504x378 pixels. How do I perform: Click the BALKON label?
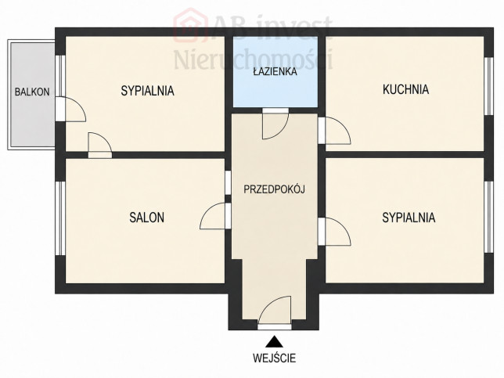(32, 92)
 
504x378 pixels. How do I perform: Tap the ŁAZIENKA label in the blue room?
(275, 71)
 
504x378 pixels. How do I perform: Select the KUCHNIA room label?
(405, 89)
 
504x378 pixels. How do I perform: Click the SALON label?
(147, 218)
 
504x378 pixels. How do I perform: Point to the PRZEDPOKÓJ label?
(274, 189)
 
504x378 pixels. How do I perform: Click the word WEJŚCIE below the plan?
(274, 358)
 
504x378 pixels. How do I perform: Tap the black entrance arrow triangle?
(274, 342)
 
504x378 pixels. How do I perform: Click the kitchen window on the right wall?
(488, 86)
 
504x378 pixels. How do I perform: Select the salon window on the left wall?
(60, 218)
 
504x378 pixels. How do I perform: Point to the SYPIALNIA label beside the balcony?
(148, 91)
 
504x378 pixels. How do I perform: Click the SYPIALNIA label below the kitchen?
(409, 218)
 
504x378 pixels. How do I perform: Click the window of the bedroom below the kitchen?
(488, 218)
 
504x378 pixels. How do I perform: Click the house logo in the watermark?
(189, 26)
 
